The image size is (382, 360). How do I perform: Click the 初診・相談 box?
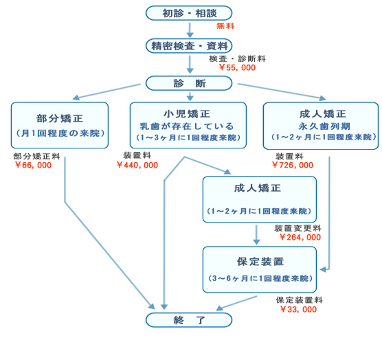pyautogui.click(x=189, y=13)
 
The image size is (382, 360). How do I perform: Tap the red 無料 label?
pyautogui.click(x=225, y=26)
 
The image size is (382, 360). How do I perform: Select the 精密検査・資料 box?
pyautogui.click(x=189, y=46)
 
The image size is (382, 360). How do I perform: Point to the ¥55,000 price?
pyautogui.click(x=237, y=67)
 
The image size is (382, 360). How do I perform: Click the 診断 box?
pyautogui.click(x=189, y=83)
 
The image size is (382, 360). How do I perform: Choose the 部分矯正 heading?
pyautogui.click(x=60, y=118)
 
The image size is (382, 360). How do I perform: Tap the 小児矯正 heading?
pyautogui.click(x=187, y=114)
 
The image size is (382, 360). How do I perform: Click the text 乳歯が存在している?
pyautogui.click(x=187, y=126)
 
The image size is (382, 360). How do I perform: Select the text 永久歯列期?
pyautogui.click(x=324, y=126)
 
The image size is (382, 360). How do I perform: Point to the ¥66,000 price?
pyautogui.click(x=33, y=165)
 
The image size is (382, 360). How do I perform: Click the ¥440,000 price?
pyautogui.click(x=137, y=165)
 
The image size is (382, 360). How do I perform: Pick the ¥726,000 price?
pyautogui.click(x=293, y=165)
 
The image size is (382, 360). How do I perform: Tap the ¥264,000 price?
pyautogui.click(x=300, y=237)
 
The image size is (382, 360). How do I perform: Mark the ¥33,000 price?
pyautogui.click(x=298, y=309)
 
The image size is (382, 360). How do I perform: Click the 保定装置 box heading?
pyautogui.click(x=260, y=262)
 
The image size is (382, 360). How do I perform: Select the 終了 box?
pyautogui.click(x=189, y=320)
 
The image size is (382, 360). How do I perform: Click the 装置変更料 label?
pyautogui.click(x=297, y=228)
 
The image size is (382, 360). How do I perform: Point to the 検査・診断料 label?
pyautogui.click(x=237, y=58)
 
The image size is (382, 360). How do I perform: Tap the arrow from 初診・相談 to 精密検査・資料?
pyautogui.click(x=190, y=30)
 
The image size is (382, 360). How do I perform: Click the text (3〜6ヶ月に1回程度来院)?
pyautogui.click(x=260, y=278)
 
